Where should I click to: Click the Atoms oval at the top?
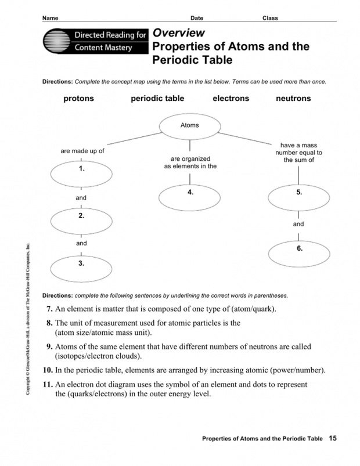click(189, 125)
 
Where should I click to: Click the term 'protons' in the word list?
click(78, 99)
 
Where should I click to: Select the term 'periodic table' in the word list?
click(157, 99)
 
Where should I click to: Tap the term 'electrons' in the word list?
click(231, 99)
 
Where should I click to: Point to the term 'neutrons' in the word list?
click(293, 99)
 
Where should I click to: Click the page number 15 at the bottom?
click(332, 438)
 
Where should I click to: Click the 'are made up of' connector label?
click(82, 151)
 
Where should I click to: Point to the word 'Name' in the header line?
click(52, 18)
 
